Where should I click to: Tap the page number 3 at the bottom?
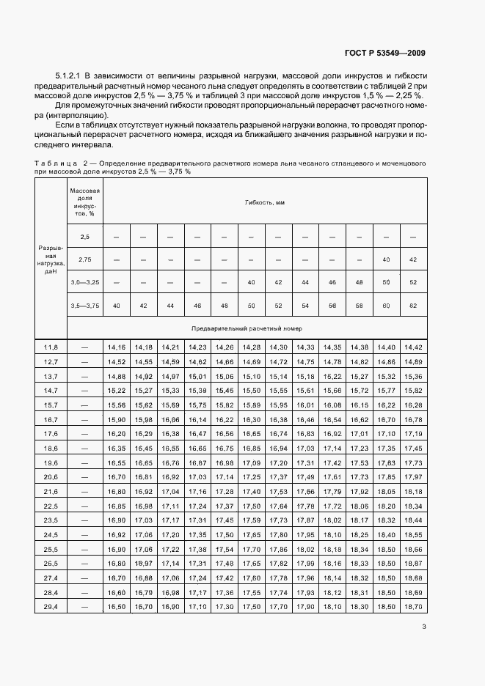[424, 626]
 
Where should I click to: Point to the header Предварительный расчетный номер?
[246, 328]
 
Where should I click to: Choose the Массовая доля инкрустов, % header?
[84, 202]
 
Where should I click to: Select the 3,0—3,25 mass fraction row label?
[84, 282]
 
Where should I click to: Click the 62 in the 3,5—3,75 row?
[412, 305]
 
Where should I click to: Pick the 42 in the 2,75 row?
[412, 259]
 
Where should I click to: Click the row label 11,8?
[51, 347]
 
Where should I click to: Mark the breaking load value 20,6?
[51, 476]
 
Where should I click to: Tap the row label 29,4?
[51, 607]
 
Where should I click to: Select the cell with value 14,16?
[116, 347]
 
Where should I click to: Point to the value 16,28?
[412, 405]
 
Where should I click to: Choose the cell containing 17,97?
[412, 476]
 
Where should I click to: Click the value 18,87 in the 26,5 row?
[412, 564]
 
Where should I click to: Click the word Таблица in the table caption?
[55, 162]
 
